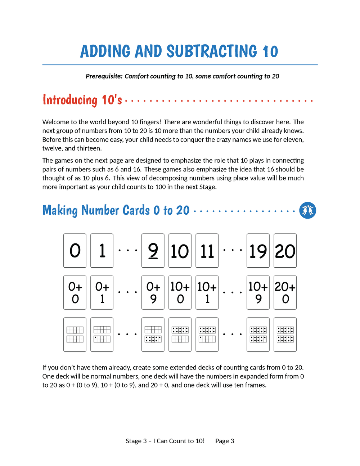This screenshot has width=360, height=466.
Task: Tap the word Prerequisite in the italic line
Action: point(104,76)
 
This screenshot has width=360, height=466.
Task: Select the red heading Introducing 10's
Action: point(82,100)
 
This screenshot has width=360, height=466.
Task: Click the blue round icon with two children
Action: point(307,210)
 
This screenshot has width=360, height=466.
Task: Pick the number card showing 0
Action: point(75,251)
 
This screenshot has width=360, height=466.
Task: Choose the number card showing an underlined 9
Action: point(153,251)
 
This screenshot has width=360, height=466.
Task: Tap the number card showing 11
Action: point(207,251)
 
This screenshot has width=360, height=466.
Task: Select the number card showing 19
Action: point(258,251)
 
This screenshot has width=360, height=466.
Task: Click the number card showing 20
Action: point(285,251)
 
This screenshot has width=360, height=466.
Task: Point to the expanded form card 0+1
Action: point(102,292)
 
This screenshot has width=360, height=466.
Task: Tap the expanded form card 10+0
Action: point(180,292)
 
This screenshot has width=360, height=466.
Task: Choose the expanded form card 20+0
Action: point(285,292)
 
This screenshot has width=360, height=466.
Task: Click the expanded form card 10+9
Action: point(258,292)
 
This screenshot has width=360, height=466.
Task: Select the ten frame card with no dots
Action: point(75,334)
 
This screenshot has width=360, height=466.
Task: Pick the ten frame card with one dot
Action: point(102,334)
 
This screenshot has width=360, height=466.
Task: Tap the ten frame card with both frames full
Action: point(285,334)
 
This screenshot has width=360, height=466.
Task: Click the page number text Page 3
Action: point(225,441)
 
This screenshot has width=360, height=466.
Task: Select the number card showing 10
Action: point(180,251)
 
